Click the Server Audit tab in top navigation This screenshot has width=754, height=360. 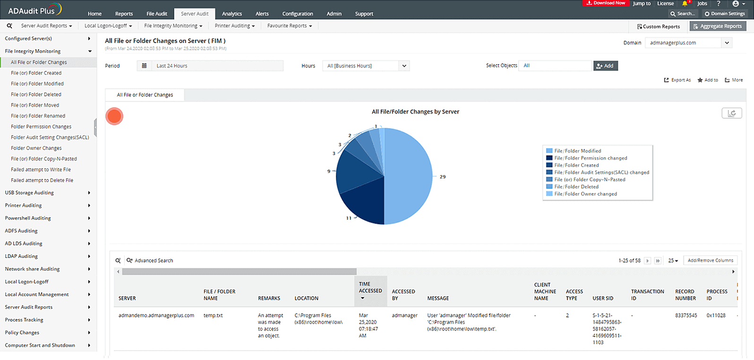[195, 14]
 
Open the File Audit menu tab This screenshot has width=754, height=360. [157, 14]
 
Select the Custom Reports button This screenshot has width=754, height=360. [659, 26]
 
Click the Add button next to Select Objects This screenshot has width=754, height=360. [605, 66]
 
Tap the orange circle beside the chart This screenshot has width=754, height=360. [114, 116]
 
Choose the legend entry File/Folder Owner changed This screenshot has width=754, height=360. [585, 194]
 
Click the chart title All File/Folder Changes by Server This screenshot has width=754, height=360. [415, 112]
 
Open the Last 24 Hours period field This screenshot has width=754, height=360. [210, 66]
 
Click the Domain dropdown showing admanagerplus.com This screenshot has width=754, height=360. [688, 43]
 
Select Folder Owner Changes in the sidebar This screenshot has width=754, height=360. [36, 148]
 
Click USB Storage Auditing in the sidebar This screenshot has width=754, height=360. [29, 193]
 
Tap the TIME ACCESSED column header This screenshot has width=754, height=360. [370, 288]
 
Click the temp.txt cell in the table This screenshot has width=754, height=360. [213, 316]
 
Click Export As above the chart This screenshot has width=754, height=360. [677, 80]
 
